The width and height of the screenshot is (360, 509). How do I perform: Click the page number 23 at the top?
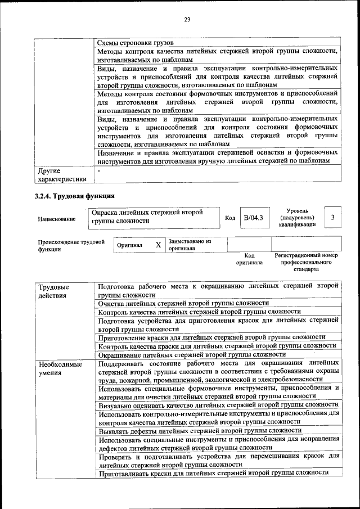click(x=187, y=20)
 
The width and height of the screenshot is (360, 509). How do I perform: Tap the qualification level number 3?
click(x=333, y=217)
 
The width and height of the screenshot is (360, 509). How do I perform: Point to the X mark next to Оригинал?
click(x=158, y=245)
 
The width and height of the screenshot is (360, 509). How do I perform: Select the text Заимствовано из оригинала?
click(x=189, y=245)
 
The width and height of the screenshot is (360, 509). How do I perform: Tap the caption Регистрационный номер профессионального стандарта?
click(x=306, y=262)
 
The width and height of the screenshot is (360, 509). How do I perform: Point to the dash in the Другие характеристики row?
click(x=99, y=170)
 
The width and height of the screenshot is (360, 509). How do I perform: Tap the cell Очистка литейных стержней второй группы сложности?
click(x=183, y=303)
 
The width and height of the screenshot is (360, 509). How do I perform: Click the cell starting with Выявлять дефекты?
click(x=192, y=430)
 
